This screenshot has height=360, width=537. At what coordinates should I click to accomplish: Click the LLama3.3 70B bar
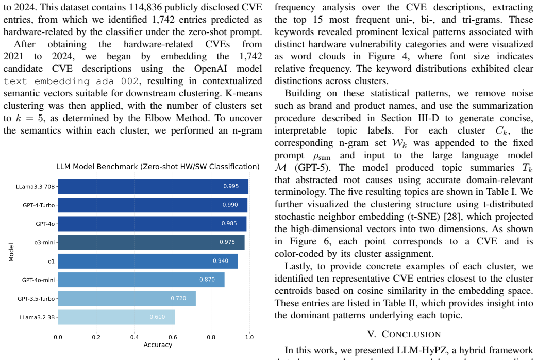point(153,186)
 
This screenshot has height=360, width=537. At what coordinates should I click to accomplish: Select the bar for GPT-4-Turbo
point(153,205)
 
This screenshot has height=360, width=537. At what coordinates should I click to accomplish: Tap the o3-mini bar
point(152,242)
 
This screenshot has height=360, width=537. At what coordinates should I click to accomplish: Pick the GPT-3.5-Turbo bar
point(127,298)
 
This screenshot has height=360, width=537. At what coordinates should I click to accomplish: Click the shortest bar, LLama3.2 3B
point(116,317)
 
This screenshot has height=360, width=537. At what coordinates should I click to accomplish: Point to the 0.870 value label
point(207,280)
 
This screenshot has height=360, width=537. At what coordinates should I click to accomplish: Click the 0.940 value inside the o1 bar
point(221,261)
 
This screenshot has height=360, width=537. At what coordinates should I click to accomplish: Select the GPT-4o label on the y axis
point(45,224)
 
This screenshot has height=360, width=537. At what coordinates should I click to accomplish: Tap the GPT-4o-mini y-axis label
point(38,280)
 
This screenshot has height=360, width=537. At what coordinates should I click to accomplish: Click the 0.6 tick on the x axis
point(173,337)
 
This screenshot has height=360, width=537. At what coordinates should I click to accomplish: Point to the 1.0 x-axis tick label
point(249,337)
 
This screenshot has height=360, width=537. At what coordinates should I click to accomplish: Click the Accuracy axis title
point(158,345)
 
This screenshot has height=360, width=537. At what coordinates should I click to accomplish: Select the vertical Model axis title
point(11,252)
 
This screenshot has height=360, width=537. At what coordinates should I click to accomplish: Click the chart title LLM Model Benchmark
point(158,167)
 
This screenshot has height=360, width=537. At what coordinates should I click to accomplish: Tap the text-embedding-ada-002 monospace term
point(71,81)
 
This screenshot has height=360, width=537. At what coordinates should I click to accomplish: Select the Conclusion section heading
point(404,334)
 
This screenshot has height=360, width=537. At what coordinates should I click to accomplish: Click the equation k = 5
point(29,118)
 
